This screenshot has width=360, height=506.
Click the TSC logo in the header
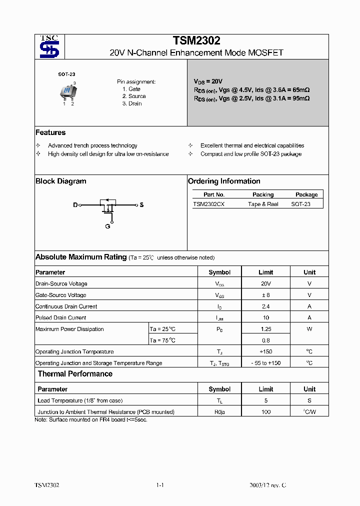(49, 47)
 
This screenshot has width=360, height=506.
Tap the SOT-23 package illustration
(66, 91)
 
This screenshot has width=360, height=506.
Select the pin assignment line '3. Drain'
(132, 103)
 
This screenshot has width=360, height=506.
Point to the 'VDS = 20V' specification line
(208, 81)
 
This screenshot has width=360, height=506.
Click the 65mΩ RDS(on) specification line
(251, 90)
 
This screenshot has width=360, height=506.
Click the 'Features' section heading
(50, 132)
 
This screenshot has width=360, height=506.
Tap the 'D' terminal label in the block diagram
(75, 205)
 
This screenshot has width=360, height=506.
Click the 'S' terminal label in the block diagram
(141, 205)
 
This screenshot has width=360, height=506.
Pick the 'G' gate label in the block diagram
(107, 226)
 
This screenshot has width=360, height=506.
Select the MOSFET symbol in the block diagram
(108, 207)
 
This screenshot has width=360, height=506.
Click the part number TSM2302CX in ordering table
(208, 204)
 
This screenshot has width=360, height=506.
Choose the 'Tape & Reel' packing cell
(263, 204)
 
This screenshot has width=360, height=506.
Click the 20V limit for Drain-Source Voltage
(265, 283)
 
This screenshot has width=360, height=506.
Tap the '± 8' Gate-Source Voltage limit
(265, 295)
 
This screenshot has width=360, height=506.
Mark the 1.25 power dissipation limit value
(265, 329)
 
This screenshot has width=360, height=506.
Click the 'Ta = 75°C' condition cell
(163, 340)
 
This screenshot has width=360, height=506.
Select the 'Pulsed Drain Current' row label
(60, 317)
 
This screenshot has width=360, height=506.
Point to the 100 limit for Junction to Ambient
(265, 412)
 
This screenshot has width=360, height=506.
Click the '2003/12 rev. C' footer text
(268, 485)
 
